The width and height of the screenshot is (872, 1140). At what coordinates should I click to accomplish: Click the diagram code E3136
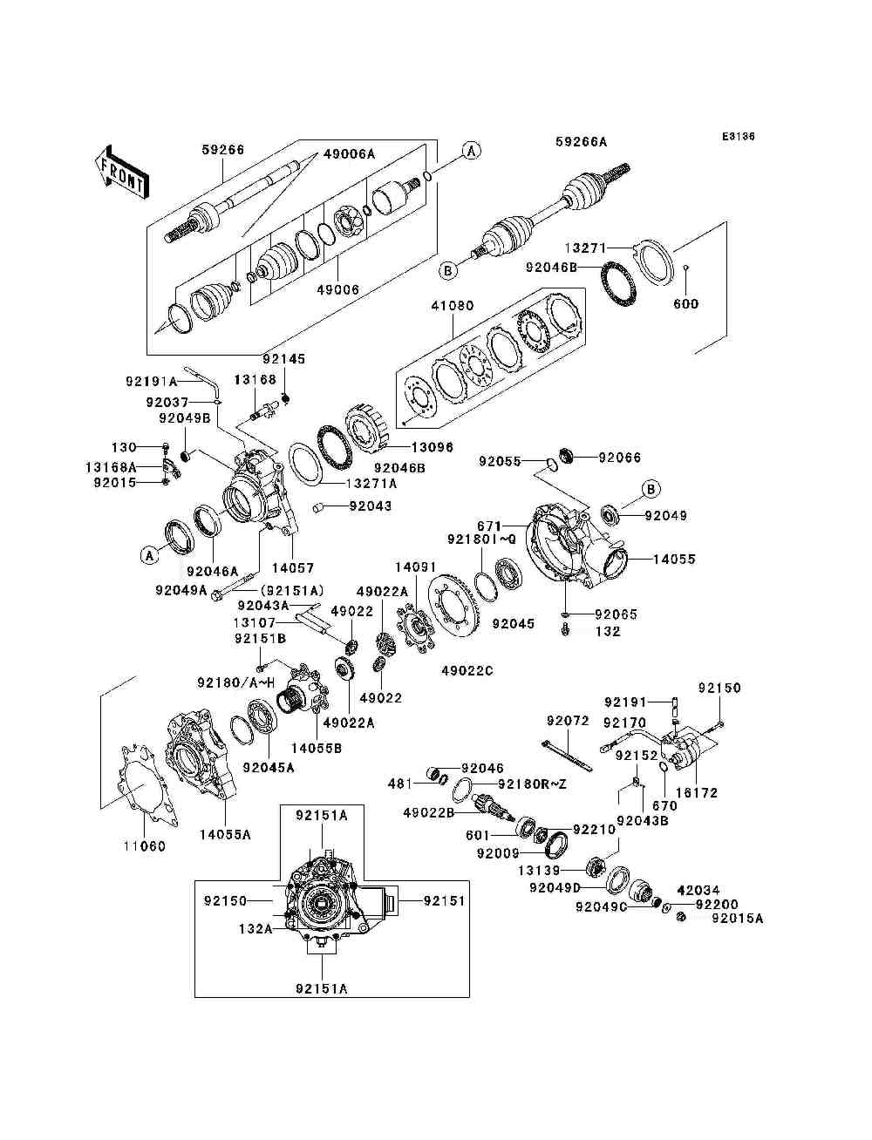coord(737,137)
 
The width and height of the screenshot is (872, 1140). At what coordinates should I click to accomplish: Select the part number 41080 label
coord(451,307)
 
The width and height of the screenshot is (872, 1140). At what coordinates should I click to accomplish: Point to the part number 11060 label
coord(144,846)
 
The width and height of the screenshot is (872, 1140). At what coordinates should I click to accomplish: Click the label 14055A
coord(225,834)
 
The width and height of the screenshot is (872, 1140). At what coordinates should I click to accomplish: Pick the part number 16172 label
coord(698,793)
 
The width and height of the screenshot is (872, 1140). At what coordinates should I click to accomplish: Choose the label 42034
coord(698,890)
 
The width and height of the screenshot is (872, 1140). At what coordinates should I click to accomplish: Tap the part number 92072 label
coord(568,721)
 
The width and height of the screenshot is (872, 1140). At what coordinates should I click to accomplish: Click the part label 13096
coord(433,447)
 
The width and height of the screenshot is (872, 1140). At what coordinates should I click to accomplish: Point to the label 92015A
coord(737,918)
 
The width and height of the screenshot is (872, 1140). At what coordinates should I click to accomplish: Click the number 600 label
coord(686,304)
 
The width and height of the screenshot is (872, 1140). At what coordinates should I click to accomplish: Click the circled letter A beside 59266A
coord(471,151)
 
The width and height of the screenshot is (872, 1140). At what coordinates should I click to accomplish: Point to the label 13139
coord(562,870)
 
